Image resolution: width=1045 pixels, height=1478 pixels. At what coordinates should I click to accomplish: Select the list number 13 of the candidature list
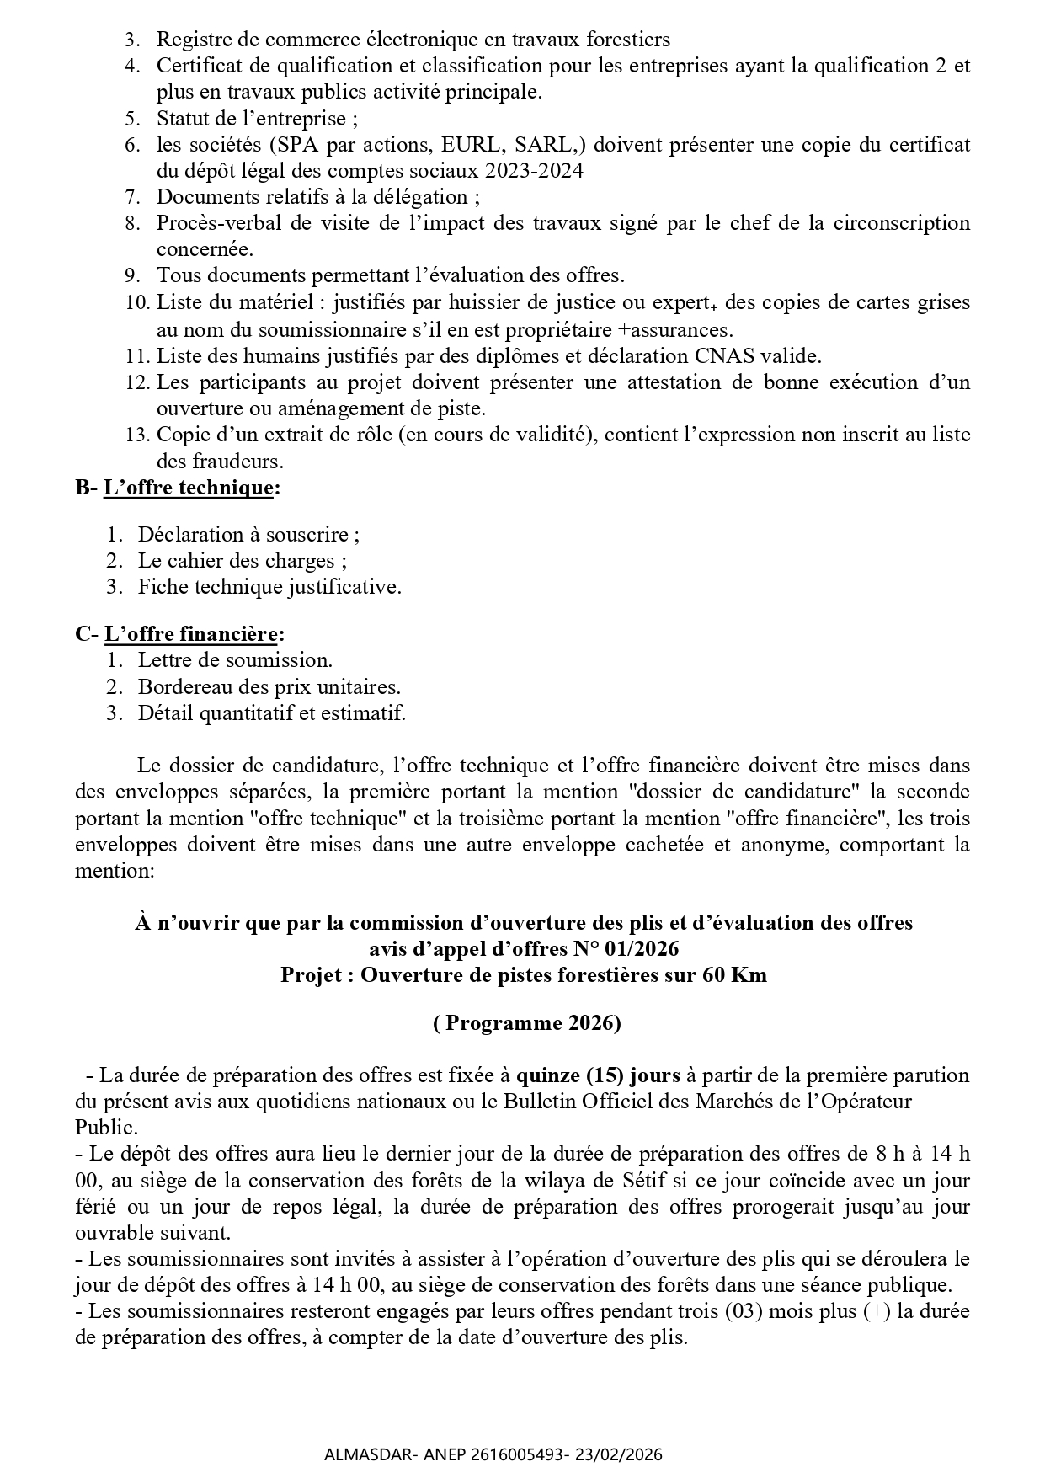click(137, 435)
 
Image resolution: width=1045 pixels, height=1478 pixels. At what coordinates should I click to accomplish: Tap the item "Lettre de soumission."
click(236, 660)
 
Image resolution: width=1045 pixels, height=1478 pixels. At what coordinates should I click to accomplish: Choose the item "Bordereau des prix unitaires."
click(269, 686)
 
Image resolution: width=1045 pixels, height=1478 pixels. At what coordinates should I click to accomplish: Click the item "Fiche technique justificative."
click(269, 587)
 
